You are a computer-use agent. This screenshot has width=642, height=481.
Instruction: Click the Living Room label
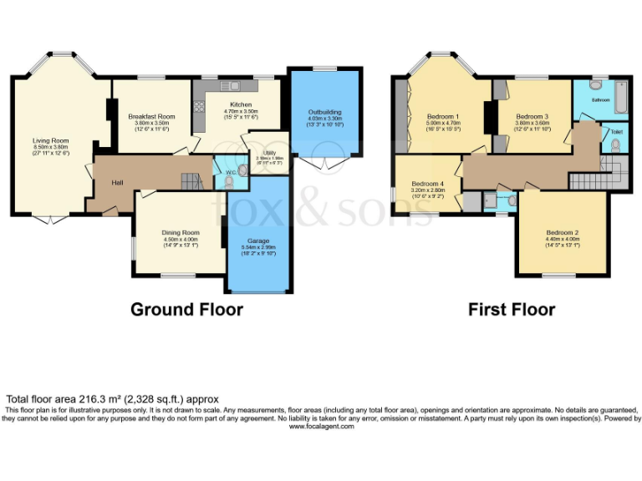[x=50, y=141]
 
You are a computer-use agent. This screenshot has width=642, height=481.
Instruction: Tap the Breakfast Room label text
[x=151, y=116]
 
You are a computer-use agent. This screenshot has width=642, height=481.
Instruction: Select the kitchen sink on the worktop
[x=229, y=85]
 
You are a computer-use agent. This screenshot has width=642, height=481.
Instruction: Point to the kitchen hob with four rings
[x=199, y=106]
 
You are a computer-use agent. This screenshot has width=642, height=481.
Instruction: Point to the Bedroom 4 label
[x=427, y=183]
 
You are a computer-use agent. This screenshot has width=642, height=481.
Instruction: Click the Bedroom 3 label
[x=532, y=116]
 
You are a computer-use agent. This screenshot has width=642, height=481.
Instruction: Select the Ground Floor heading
[x=186, y=310]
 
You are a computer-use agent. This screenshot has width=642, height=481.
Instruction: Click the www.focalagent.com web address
[x=321, y=426]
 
